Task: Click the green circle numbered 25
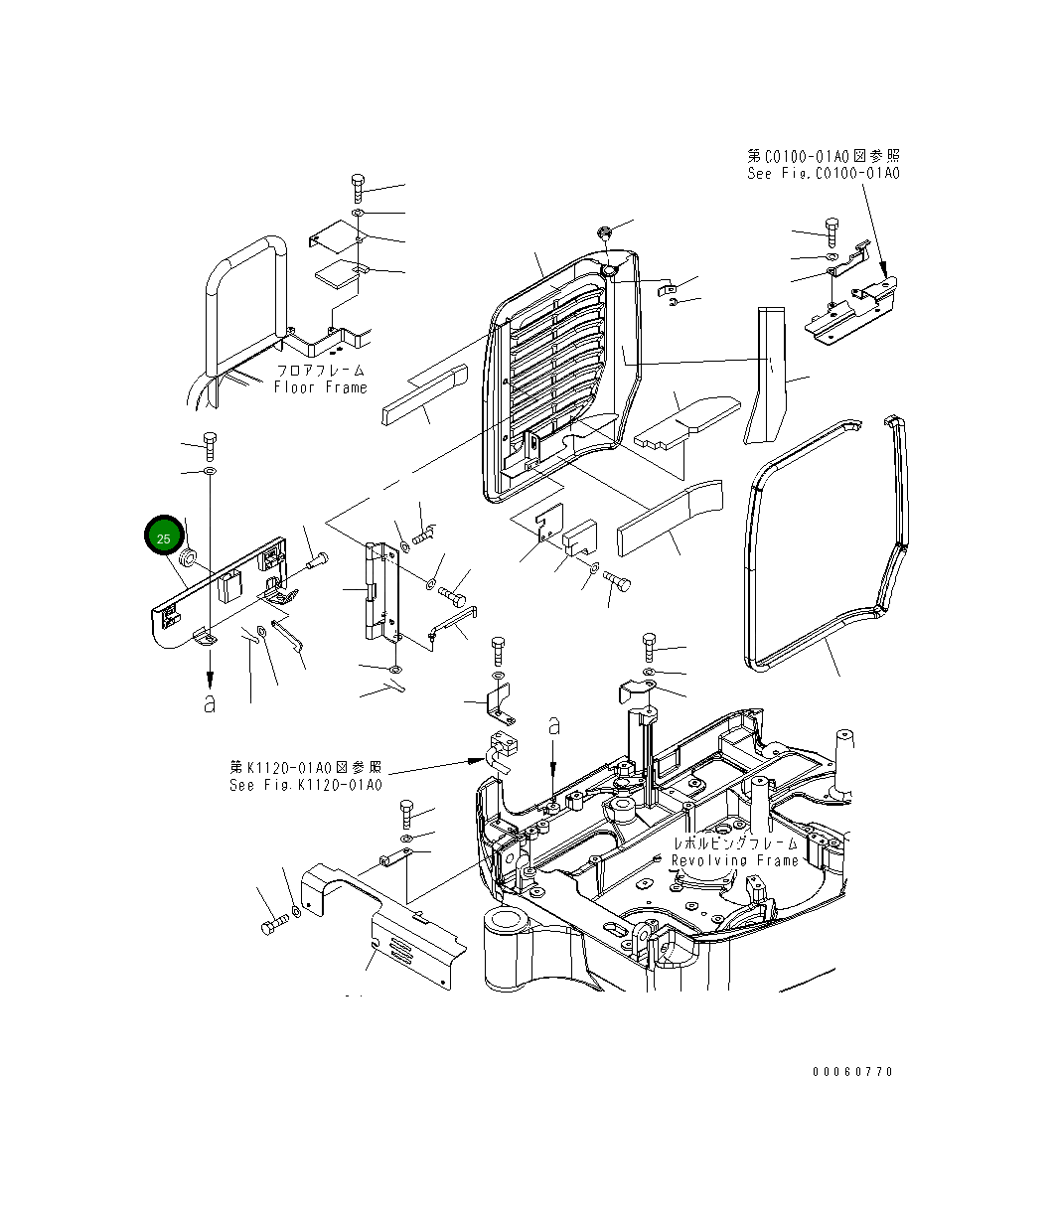coord(163,536)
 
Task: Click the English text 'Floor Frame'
coord(320,387)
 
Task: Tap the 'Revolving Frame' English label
coord(735,860)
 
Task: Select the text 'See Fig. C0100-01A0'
coord(824,173)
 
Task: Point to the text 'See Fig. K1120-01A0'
coord(305,785)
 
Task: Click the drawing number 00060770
coord(852,1072)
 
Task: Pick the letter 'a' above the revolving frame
coord(554,727)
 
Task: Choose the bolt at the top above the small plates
coord(358,186)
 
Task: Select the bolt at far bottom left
coord(272,926)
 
